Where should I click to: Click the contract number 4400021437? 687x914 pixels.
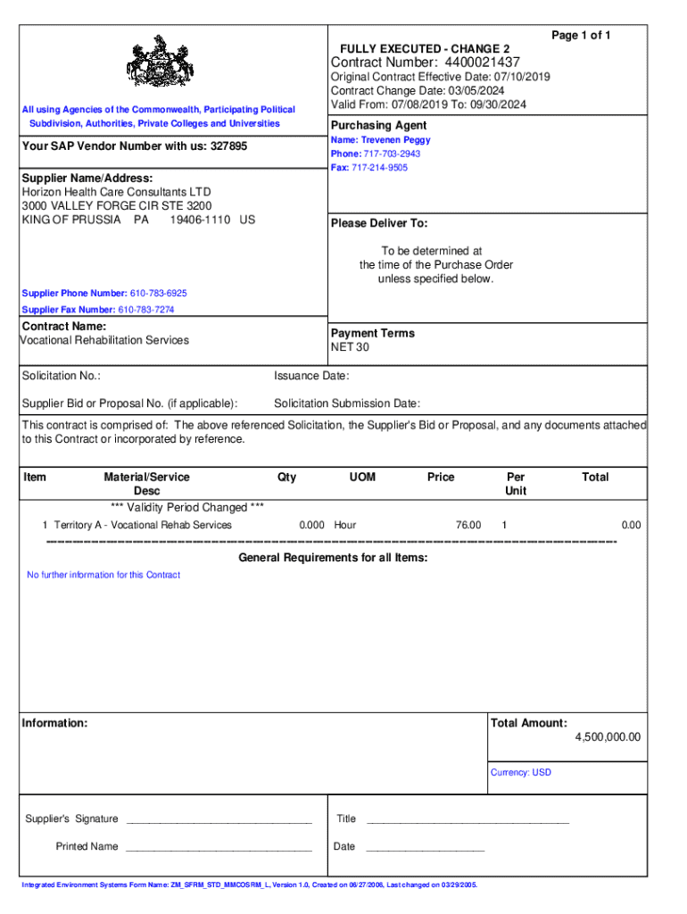click(478, 62)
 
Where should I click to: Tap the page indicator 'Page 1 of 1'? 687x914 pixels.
click(581, 35)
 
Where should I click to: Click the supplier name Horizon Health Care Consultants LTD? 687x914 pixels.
click(116, 192)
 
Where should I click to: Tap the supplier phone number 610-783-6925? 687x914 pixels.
click(158, 294)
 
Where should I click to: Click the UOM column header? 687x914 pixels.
click(362, 478)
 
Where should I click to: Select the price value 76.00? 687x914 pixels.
click(468, 525)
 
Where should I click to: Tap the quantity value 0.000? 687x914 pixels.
click(311, 525)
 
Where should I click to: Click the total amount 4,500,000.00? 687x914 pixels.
click(608, 737)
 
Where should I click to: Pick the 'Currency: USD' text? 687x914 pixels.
click(521, 772)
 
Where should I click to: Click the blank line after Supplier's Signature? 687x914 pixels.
click(219, 820)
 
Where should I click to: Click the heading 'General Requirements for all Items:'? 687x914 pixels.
click(333, 558)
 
